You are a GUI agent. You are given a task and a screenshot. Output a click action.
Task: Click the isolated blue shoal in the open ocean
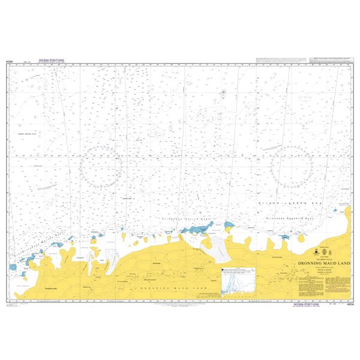pyautogui.click(x=223, y=93)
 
